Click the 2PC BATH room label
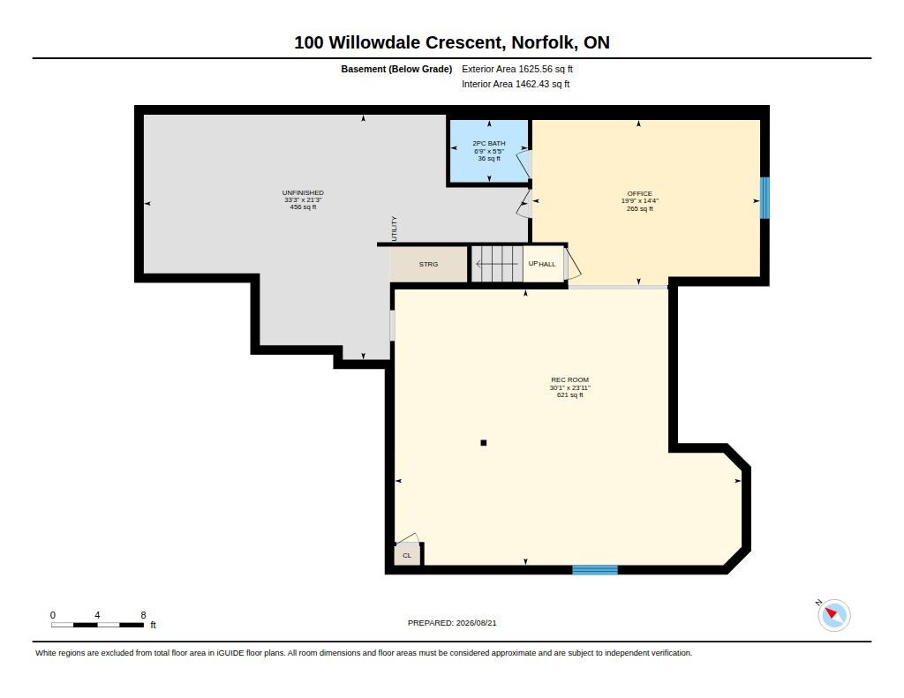[489, 143]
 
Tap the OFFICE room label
[639, 193]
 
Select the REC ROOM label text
[569, 379]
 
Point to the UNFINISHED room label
[303, 192]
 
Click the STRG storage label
[428, 264]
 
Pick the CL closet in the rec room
[407, 555]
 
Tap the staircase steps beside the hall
[497, 264]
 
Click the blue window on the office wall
[765, 198]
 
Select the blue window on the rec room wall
[595, 570]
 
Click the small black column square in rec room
[484, 443]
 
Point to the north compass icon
[833, 615]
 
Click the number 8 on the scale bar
[143, 615]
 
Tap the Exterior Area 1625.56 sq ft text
[517, 69]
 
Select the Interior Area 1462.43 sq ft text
[516, 84]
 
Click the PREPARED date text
[452, 623]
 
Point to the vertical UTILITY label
[395, 229]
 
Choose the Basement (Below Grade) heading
[396, 69]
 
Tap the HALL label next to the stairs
[547, 265]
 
